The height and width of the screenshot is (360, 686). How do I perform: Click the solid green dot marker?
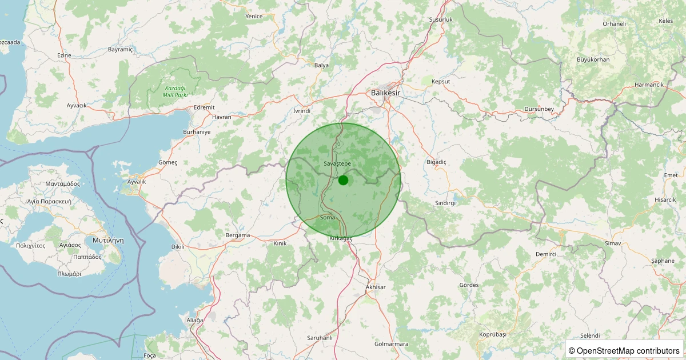[343, 180]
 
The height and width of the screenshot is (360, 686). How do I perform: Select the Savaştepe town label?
[337, 164]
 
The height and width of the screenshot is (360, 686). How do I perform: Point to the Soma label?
[328, 218]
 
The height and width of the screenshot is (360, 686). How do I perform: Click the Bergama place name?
[238, 235]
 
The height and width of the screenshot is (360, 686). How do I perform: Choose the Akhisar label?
[375, 287]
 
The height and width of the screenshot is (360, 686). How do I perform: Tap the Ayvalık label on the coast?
[137, 182]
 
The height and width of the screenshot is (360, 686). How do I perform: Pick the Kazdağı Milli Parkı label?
[176, 91]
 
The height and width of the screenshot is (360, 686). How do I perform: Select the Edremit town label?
[204, 107]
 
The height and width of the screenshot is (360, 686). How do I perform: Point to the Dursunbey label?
[539, 109]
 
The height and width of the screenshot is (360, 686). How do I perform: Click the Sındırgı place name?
[445, 203]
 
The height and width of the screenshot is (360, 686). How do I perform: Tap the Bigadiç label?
[436, 162]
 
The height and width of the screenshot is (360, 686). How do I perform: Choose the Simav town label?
[613, 244]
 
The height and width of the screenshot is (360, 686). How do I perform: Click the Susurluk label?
[441, 20]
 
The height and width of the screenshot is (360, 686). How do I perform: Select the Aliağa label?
[195, 320]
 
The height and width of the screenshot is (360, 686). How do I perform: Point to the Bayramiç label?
[120, 50]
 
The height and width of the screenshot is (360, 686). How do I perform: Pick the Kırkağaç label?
[341, 238]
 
